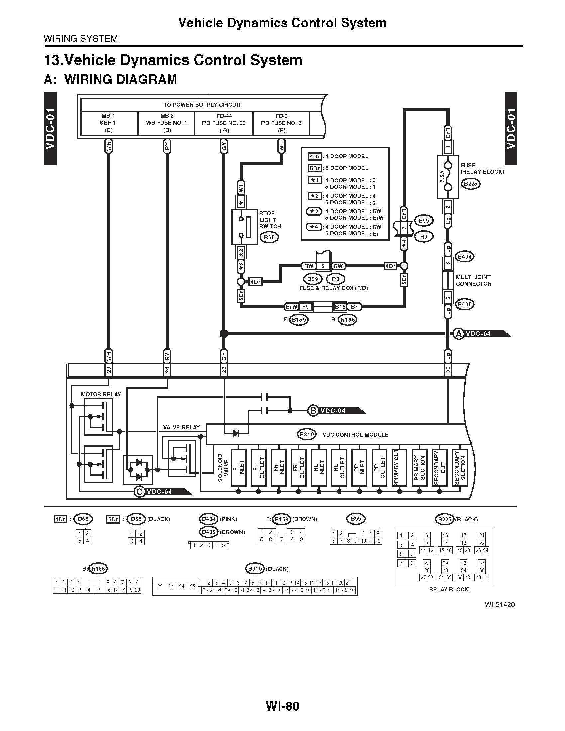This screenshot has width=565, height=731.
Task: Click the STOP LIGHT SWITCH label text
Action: coord(270,220)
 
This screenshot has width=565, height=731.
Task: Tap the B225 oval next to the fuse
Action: coord(470,184)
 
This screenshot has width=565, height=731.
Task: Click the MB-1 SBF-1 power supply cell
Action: coord(108,123)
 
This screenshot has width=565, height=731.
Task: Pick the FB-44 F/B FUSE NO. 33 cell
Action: coord(224,123)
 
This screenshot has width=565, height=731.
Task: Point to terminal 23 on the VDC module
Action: coord(108,370)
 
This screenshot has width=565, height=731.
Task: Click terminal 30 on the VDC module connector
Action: coord(448,370)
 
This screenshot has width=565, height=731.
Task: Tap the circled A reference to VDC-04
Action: coord(458,334)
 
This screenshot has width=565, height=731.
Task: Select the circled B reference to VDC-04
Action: coord(312,411)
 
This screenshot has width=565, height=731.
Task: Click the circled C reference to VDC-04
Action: coord(139,492)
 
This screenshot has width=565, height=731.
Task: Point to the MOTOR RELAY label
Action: coord(101,394)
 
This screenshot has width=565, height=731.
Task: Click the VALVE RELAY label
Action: coord(181,427)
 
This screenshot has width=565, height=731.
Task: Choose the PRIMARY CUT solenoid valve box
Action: coord(399,468)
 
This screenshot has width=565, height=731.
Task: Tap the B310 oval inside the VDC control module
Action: coord(307,435)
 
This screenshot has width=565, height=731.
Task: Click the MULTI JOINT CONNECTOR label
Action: coord(473,280)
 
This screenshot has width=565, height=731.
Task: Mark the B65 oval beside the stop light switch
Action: coord(269,237)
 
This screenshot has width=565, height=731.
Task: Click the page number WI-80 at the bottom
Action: coord(282,706)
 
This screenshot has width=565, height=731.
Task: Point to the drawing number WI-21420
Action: coord(499,605)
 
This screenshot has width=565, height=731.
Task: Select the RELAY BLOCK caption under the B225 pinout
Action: coord(449,589)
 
